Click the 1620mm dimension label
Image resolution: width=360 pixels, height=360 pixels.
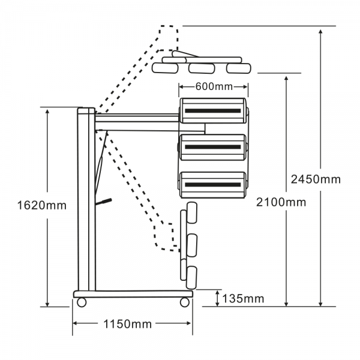[x=42, y=205]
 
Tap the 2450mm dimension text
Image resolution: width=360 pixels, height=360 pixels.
[x=316, y=179]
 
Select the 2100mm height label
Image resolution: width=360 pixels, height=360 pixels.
[x=281, y=202]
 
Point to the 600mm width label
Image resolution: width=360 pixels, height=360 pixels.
[x=214, y=86]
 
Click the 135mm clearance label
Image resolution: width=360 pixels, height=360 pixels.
[x=243, y=299]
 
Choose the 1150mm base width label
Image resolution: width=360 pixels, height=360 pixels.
[x=128, y=324]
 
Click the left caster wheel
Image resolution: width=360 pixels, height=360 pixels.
[x=82, y=302]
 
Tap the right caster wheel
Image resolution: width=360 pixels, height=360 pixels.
[x=185, y=302]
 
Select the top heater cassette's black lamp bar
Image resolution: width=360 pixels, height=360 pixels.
[x=213, y=110]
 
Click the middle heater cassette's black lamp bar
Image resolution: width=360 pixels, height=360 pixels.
[x=213, y=147]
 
